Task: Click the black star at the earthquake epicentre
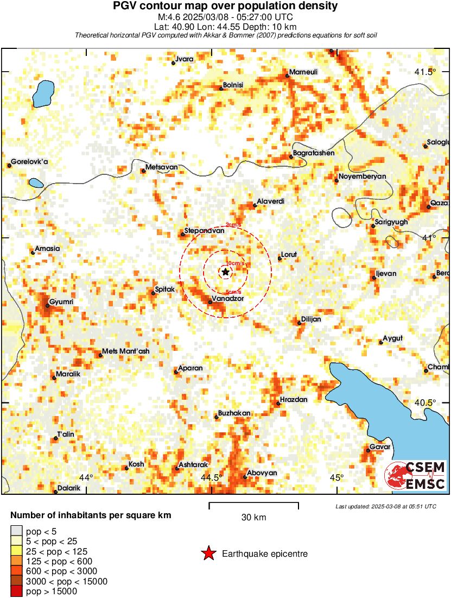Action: pos(225,272)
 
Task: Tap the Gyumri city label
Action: pos(61,301)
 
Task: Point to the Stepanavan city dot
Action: pos(183,235)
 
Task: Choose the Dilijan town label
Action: pos(311,319)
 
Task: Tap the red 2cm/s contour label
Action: pos(233,225)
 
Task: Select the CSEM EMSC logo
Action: pos(415,475)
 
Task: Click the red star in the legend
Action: pos(208,553)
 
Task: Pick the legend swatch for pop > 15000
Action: pos(16,591)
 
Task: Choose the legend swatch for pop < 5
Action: pos(16,530)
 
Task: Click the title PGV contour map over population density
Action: pos(225,7)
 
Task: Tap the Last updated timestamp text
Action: pos(386,506)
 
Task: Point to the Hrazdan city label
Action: pos(294,400)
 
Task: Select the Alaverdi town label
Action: pos(270,202)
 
